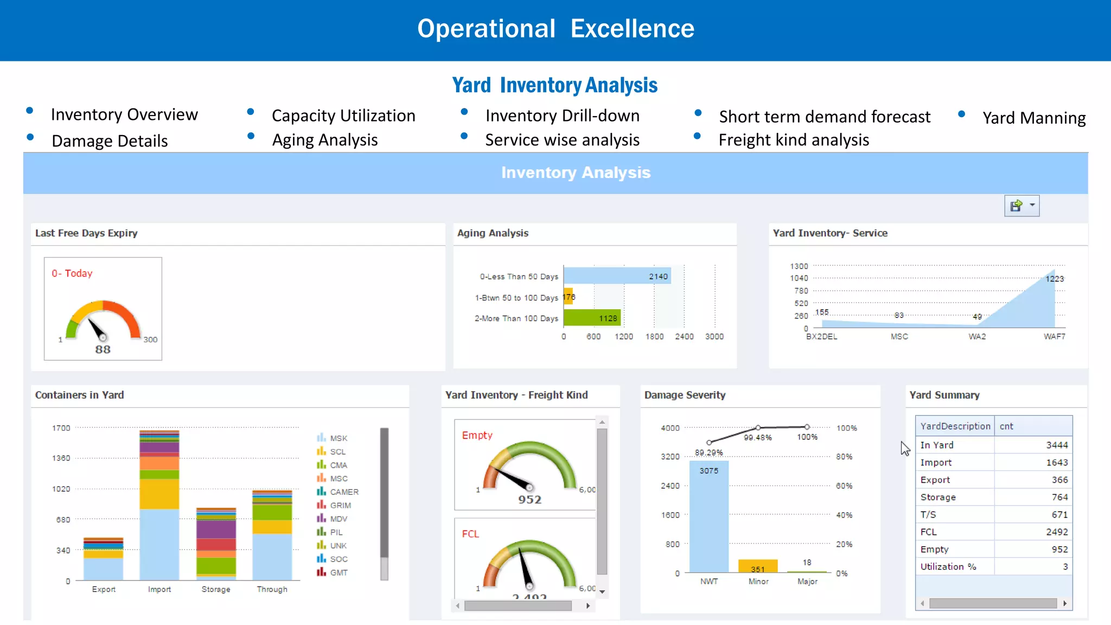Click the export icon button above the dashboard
point(1016,206)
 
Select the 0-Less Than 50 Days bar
point(617,276)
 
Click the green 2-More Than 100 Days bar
point(591,318)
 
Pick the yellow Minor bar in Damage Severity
point(758,566)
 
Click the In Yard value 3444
point(1057,445)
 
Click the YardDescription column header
point(955,426)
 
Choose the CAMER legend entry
point(344,492)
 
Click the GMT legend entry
point(339,572)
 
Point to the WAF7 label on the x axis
point(1054,336)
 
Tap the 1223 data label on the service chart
point(1055,279)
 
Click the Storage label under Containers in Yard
point(216,589)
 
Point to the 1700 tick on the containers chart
point(61,428)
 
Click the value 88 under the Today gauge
point(103,349)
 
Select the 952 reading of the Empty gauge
point(529,499)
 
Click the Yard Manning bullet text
point(1034,118)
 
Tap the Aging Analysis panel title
point(493,233)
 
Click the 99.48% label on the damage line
point(757,437)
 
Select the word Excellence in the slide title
point(632,28)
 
